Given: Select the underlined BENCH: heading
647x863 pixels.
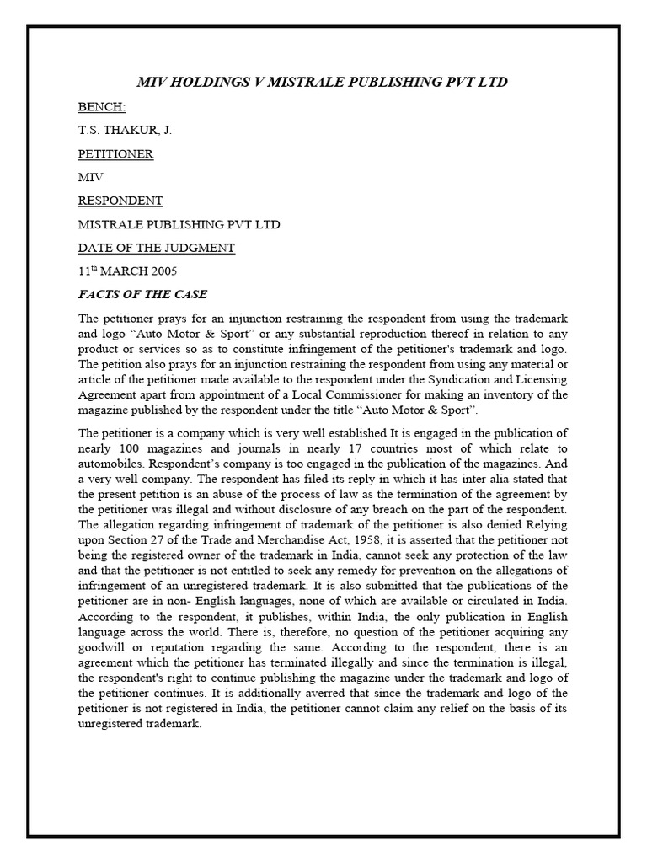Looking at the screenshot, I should [x=101, y=108].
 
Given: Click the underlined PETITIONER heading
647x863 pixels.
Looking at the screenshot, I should [x=116, y=155].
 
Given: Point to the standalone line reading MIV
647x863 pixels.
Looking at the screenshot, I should [x=90, y=179].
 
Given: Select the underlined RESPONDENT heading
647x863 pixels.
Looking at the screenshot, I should [x=120, y=201].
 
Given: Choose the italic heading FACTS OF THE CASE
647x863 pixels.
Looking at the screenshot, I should [x=142, y=295].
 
